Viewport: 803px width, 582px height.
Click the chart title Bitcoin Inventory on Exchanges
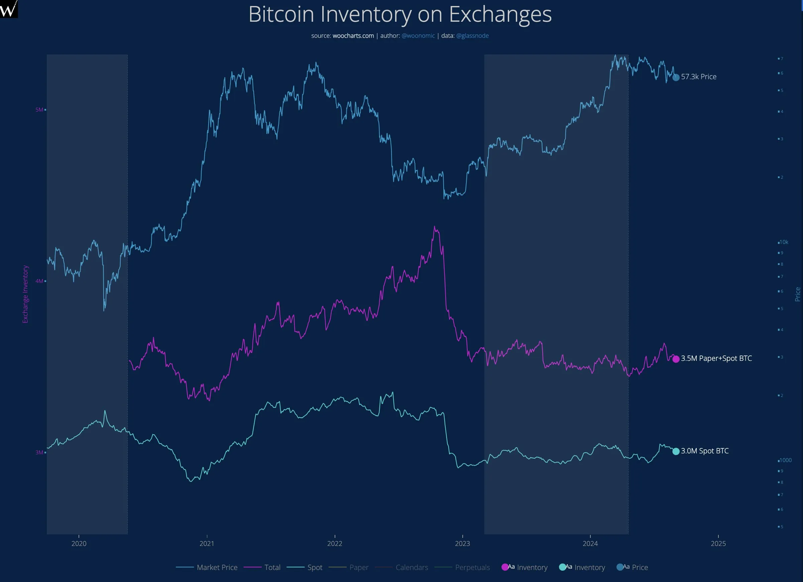(400, 14)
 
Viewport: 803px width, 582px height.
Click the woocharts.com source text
(353, 36)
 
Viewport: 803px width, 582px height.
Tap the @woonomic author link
(418, 36)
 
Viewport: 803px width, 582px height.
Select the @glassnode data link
(472, 36)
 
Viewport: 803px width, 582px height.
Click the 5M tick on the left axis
(39, 110)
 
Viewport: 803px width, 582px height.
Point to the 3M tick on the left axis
(39, 452)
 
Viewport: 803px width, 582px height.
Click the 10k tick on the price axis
(784, 242)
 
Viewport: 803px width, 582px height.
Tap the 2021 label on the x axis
(207, 544)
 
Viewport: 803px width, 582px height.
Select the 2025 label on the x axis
(718, 544)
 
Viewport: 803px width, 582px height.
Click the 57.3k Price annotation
(698, 77)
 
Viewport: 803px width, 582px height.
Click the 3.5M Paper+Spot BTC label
(716, 358)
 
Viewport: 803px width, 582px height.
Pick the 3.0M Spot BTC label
(705, 451)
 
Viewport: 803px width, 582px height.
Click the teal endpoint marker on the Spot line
(676, 451)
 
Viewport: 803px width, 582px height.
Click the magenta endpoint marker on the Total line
(676, 359)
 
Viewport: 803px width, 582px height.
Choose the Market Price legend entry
(217, 568)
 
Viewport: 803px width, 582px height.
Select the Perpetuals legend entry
(472, 568)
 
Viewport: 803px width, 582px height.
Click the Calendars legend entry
(412, 568)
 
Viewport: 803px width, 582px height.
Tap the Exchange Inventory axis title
(25, 294)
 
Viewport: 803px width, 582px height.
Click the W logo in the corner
(8, 8)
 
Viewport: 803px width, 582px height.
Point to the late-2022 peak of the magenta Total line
(435, 227)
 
